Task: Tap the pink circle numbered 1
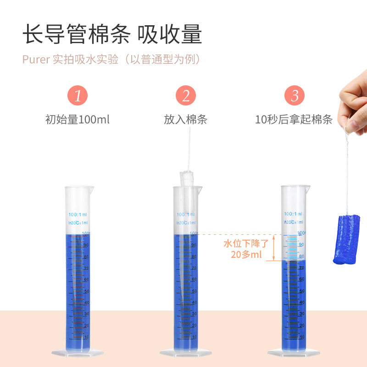coord(78,96)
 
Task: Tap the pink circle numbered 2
coord(185,96)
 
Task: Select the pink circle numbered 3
coord(294,96)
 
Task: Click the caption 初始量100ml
coord(78,120)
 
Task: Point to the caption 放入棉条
coord(185,120)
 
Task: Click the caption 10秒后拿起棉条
coord(294,120)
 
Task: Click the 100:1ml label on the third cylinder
coord(293,214)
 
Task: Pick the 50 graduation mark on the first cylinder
coord(85,291)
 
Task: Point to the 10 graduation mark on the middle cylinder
coord(194,337)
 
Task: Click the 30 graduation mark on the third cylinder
coord(302,314)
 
